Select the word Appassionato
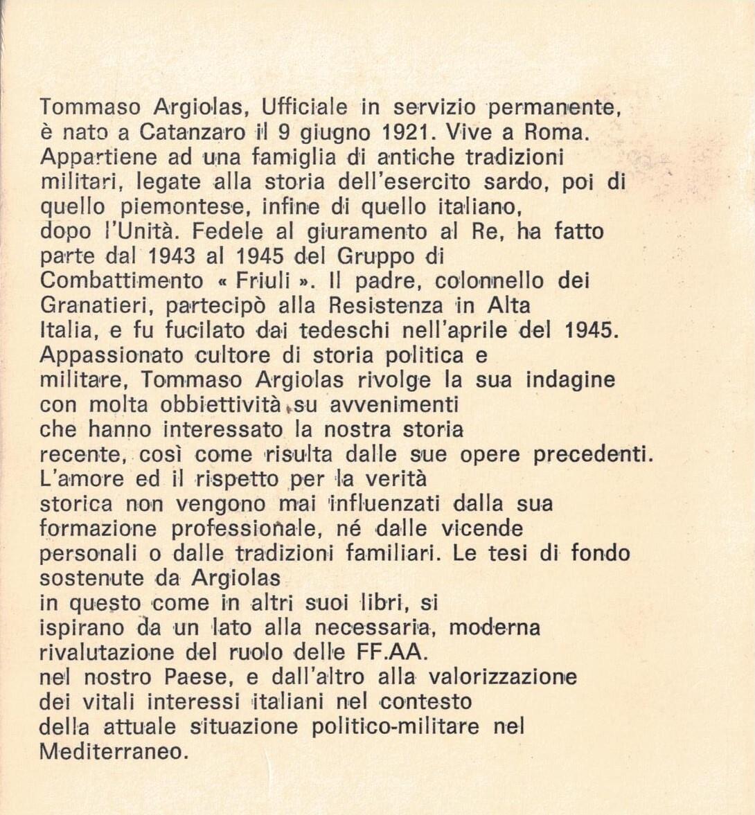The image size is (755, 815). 112,356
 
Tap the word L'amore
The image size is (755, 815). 82,479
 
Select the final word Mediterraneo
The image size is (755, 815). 114,752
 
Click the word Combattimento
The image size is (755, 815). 122,281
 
